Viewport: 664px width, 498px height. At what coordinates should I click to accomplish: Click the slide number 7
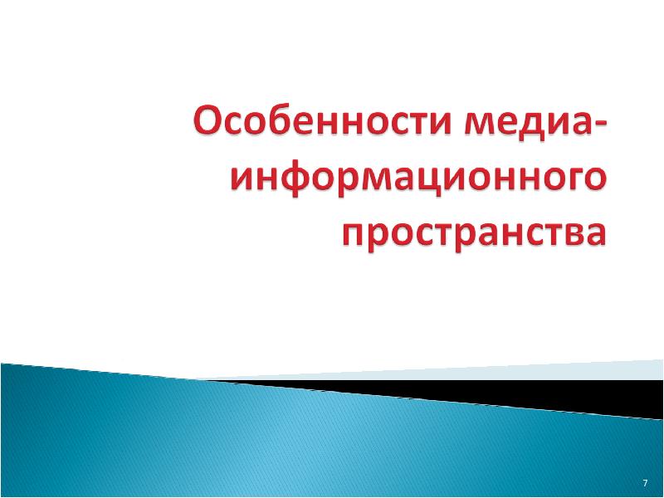click(x=645, y=483)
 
